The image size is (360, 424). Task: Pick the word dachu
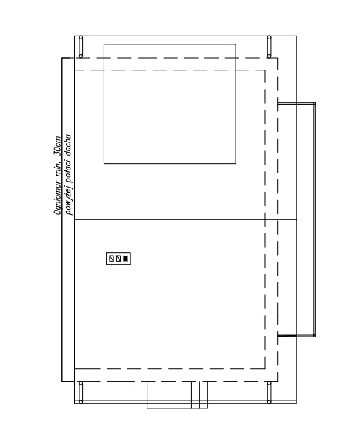click(x=68, y=145)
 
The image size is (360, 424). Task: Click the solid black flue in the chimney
click(x=125, y=259)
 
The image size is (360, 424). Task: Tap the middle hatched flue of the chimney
click(x=118, y=259)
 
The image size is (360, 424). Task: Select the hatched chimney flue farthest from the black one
click(x=111, y=259)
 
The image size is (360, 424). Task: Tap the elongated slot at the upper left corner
click(x=81, y=47)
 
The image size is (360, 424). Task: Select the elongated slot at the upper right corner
click(x=269, y=47)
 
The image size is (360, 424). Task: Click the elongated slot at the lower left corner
click(x=81, y=393)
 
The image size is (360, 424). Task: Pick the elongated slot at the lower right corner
click(x=269, y=393)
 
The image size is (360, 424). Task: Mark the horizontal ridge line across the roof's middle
click(x=186, y=219)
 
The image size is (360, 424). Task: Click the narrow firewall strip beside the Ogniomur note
click(x=62, y=219)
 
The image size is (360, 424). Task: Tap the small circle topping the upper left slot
click(x=81, y=37)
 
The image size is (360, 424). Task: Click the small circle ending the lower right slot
click(x=269, y=402)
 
